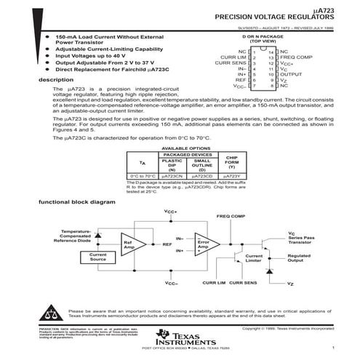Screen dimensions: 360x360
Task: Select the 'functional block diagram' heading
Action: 77,201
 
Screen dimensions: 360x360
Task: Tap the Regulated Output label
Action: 300,258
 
